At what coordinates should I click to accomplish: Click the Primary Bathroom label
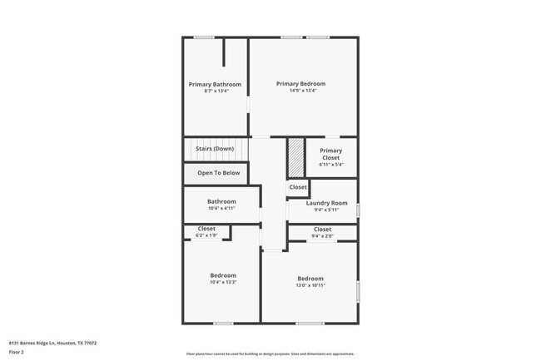(x=215, y=84)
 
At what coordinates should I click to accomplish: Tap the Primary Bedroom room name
(x=300, y=83)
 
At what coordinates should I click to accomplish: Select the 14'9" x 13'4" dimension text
(x=300, y=91)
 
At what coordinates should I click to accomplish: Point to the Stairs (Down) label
(x=214, y=149)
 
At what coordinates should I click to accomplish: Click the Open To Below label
(x=218, y=173)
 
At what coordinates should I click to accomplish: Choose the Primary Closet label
(x=330, y=154)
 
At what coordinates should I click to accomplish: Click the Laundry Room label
(x=326, y=203)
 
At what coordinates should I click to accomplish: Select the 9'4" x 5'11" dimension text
(x=326, y=210)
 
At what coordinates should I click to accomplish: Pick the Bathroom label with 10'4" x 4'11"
(x=221, y=201)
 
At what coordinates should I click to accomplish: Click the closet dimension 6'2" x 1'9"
(x=206, y=235)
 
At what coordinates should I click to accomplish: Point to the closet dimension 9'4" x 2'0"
(x=322, y=235)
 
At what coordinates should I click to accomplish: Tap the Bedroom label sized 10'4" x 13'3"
(x=222, y=275)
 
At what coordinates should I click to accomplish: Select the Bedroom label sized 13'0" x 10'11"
(x=310, y=278)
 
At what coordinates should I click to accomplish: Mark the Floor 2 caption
(x=17, y=352)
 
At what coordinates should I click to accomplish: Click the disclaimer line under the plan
(x=270, y=352)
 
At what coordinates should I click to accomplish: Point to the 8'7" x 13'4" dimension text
(x=215, y=91)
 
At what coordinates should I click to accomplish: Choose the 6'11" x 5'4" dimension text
(x=330, y=164)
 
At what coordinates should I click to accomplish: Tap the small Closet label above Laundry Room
(x=298, y=187)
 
